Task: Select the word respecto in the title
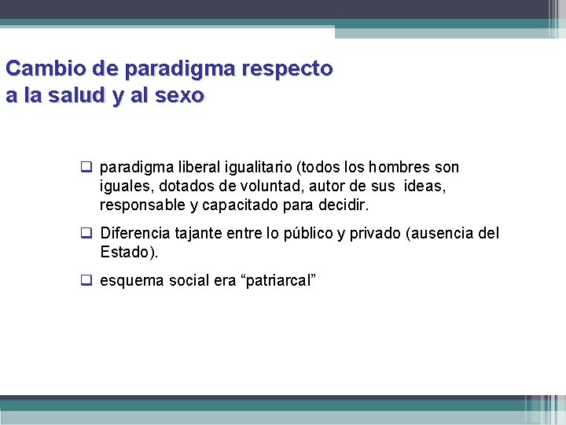288,69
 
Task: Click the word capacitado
237,205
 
